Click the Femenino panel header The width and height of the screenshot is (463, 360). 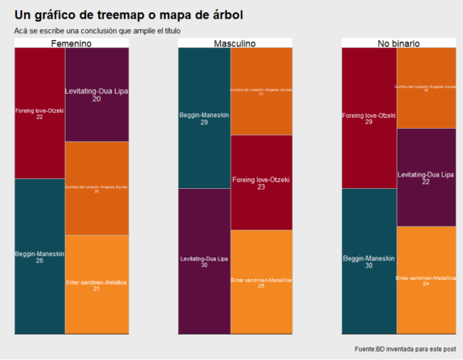coord(72,43)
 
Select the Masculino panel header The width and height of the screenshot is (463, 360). coord(235,43)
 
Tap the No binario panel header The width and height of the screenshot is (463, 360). coord(399,43)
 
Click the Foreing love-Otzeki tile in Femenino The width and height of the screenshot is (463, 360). coord(39,113)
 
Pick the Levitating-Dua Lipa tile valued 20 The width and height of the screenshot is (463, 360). coord(96,95)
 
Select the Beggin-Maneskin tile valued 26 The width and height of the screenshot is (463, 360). coord(39,256)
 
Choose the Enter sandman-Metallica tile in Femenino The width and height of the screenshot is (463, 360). coord(96,284)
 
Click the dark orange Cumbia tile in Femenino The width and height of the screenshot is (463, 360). coord(96,188)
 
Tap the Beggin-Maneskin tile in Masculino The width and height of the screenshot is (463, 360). coord(204,117)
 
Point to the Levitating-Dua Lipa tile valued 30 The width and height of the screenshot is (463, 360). coord(204,261)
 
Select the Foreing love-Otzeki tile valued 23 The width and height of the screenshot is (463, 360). coord(262,182)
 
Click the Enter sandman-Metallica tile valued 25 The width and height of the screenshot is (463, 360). coord(262,282)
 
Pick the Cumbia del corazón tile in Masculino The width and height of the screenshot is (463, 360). coord(262,91)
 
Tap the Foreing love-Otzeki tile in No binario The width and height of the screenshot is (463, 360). coord(369,117)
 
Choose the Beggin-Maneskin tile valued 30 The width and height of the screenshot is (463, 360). coord(369,261)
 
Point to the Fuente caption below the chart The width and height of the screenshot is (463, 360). coord(404,349)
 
